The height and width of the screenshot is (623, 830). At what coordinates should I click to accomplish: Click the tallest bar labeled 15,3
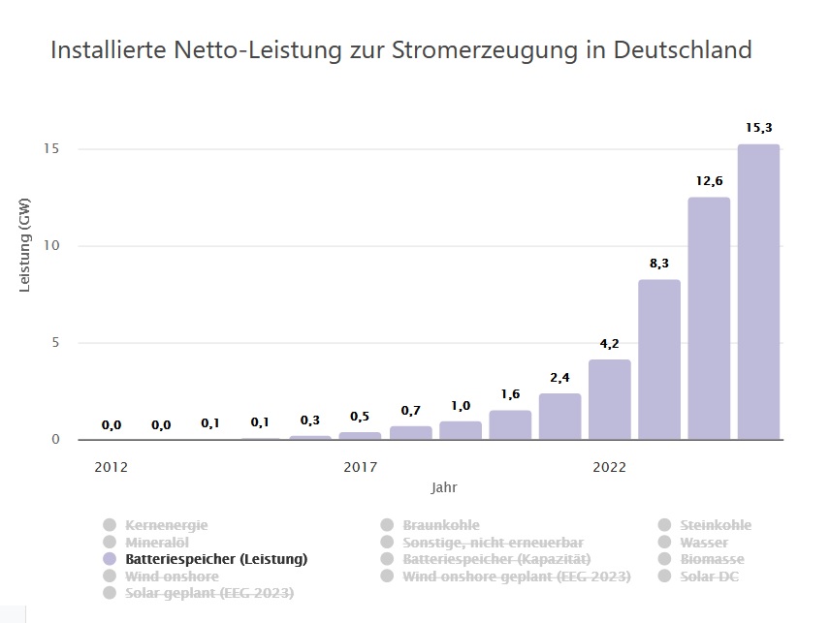(758, 291)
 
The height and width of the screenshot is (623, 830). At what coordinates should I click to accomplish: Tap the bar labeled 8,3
(659, 358)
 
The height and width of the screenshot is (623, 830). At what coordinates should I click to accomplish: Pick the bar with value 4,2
(609, 399)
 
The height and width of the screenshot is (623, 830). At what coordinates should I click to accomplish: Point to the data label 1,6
(510, 394)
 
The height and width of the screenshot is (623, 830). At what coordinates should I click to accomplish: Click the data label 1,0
(461, 406)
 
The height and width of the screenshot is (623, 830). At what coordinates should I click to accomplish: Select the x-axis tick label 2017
(361, 467)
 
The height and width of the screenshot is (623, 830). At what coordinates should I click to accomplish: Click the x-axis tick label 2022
(609, 467)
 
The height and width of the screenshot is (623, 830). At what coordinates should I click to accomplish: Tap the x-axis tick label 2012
(112, 467)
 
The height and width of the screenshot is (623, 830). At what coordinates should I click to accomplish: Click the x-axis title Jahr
(445, 486)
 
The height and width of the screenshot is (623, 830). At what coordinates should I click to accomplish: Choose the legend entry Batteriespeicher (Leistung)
(216, 559)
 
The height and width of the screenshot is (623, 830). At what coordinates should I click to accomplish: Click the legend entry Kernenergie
(166, 525)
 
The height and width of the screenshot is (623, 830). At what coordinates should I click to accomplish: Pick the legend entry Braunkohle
(440, 525)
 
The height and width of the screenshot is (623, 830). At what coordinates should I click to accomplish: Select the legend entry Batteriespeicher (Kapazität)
(496, 559)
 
